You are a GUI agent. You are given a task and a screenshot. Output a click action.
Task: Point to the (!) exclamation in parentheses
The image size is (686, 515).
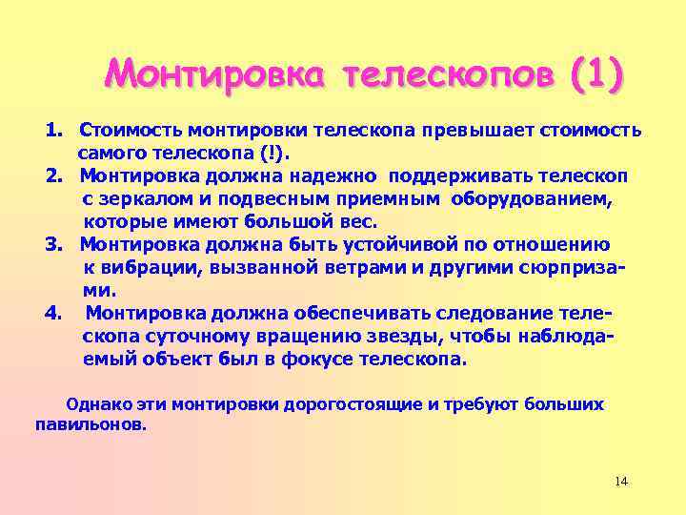[x=283, y=153]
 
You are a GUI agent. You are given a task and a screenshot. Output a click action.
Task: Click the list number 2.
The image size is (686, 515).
[x=54, y=175]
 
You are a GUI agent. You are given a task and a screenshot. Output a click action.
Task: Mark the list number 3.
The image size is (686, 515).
[x=54, y=245]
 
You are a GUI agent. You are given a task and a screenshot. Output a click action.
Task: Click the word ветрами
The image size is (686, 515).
[x=360, y=268]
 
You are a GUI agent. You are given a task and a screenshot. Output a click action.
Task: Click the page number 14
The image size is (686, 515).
[x=621, y=481]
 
